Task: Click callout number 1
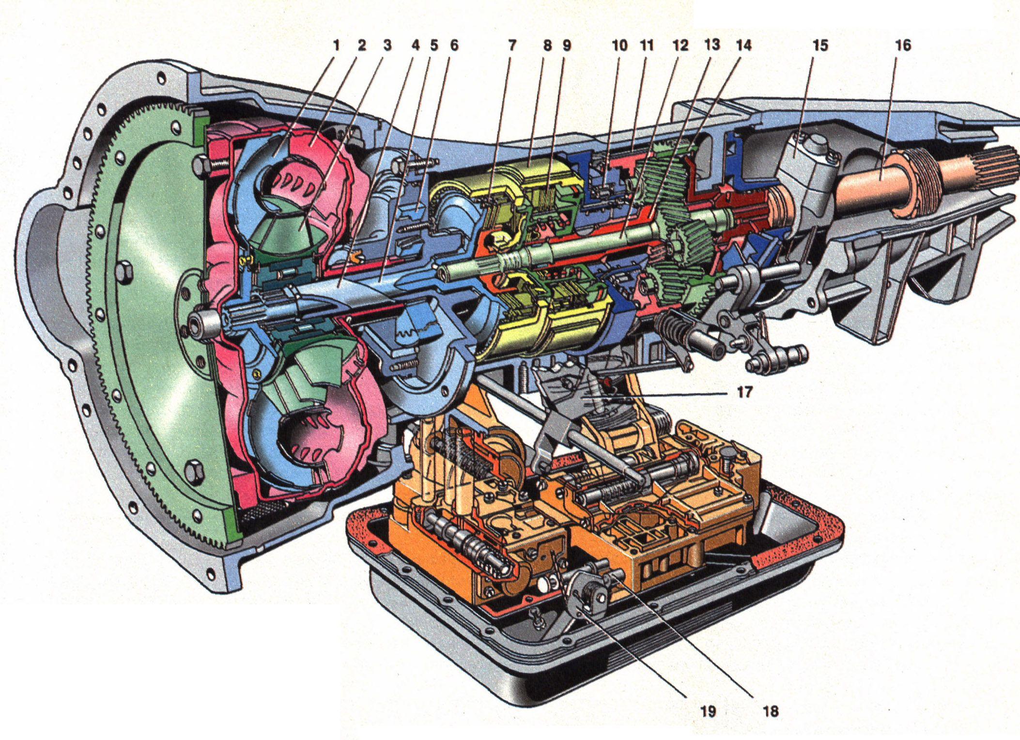click(x=335, y=46)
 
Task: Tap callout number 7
click(x=512, y=46)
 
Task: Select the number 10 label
click(x=619, y=46)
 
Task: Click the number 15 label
click(x=820, y=46)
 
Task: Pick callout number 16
click(x=903, y=46)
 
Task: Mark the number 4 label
click(x=415, y=46)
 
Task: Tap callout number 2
click(x=361, y=46)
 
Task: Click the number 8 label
click(x=547, y=46)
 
